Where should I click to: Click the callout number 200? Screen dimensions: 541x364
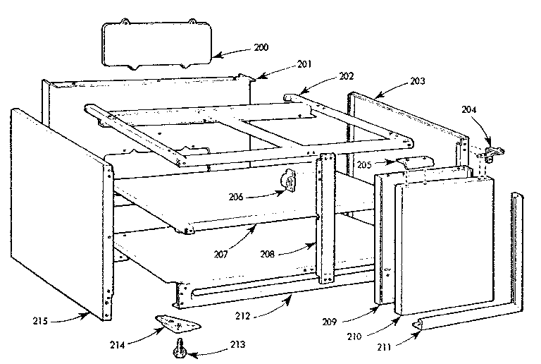(261, 48)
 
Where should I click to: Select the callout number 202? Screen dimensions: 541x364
(347, 75)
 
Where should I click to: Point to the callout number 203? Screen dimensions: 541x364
(417, 83)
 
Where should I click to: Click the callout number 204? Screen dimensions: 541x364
(470, 109)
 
